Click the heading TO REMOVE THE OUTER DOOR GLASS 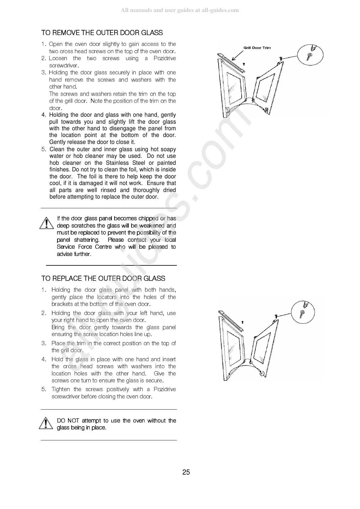coord(102,33)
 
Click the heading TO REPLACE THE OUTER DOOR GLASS coord(103,278)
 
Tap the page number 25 coord(186,472)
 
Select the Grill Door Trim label coord(257,48)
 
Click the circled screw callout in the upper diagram coord(310,55)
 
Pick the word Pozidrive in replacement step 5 coord(164,389)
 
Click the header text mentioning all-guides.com coord(180,10)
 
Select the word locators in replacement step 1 coord(107,297)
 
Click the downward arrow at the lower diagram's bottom coord(262,374)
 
